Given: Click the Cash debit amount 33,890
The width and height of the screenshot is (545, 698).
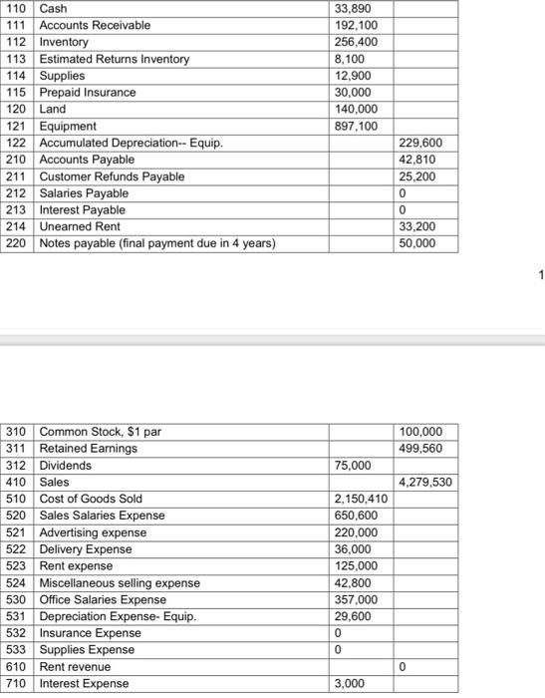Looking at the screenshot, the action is coord(350,8).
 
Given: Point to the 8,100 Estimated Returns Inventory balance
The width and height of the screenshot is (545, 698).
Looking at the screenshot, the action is coord(346,59).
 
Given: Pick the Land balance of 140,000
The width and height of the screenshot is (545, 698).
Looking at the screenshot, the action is coord(353,110).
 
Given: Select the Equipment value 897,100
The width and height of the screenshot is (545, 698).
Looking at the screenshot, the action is coord(353,127).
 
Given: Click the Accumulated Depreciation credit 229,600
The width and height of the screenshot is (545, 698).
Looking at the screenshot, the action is coord(418,144).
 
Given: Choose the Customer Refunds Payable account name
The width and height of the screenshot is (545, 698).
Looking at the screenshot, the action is coord(112,176).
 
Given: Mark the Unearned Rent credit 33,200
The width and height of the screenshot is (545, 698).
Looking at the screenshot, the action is coord(416,227).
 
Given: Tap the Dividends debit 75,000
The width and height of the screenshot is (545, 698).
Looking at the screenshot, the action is coord(351,466).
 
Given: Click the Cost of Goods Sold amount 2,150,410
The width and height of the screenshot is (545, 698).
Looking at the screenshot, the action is coord(358,499).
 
